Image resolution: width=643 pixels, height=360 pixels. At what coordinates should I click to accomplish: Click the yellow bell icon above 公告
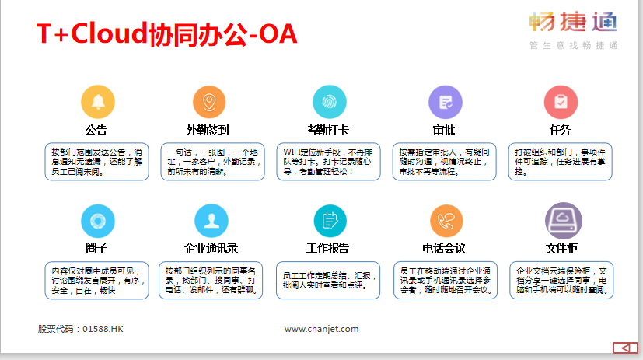coord(98,102)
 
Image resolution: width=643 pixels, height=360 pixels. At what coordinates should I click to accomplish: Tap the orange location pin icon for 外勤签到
coord(209,102)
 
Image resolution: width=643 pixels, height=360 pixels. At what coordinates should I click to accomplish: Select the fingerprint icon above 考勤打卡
coord(330,102)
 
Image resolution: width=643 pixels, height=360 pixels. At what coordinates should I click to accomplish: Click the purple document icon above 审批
coord(446,102)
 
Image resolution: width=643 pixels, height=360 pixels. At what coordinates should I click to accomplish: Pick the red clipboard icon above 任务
coord(561,102)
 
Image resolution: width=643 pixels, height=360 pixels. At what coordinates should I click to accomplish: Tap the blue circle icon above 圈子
coord(98,221)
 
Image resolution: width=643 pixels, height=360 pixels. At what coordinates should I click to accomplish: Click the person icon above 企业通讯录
coord(211,221)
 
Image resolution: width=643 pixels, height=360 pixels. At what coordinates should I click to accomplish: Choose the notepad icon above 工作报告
coord(330,221)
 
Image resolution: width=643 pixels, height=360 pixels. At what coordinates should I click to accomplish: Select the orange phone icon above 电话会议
coord(446,221)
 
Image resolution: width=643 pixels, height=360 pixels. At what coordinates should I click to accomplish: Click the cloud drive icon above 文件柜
coord(563,221)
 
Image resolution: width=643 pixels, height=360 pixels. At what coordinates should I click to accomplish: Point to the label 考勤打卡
coord(327,131)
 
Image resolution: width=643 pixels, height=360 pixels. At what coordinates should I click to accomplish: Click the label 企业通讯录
coord(211,249)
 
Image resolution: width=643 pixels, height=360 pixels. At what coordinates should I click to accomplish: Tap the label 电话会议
coord(444,249)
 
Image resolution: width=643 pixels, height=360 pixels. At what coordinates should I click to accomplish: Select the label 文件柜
coord(561,249)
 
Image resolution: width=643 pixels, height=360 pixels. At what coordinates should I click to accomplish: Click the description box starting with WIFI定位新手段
coord(328,162)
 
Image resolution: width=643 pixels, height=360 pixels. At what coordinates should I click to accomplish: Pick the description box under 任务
coord(560,162)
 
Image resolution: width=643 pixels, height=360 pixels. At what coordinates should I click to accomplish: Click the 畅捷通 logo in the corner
coord(573,30)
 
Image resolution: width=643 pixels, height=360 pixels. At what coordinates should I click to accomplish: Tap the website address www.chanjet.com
coord(322,329)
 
